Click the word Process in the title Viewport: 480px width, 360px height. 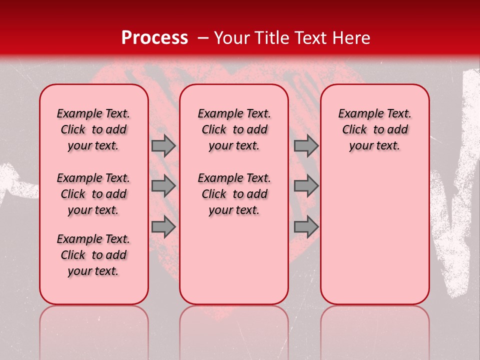coord(154,38)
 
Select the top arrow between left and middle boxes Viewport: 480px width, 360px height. coord(163,145)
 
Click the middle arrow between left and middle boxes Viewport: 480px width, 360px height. coord(163,186)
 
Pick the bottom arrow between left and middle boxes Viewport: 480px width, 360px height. coord(163,226)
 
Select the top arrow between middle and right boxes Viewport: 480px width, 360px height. coord(306,145)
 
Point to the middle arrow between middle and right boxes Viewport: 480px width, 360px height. coord(306,186)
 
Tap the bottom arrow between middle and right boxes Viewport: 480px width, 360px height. coord(306,226)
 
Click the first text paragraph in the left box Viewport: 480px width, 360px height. coord(93,129)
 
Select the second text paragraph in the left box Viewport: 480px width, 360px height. coord(93,194)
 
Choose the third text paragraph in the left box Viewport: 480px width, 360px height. coord(93,255)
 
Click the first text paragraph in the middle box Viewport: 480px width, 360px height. coord(234,129)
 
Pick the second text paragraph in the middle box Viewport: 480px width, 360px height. coord(234,194)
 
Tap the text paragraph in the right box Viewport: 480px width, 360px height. coord(374,129)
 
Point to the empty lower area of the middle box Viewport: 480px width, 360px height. coord(234,260)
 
